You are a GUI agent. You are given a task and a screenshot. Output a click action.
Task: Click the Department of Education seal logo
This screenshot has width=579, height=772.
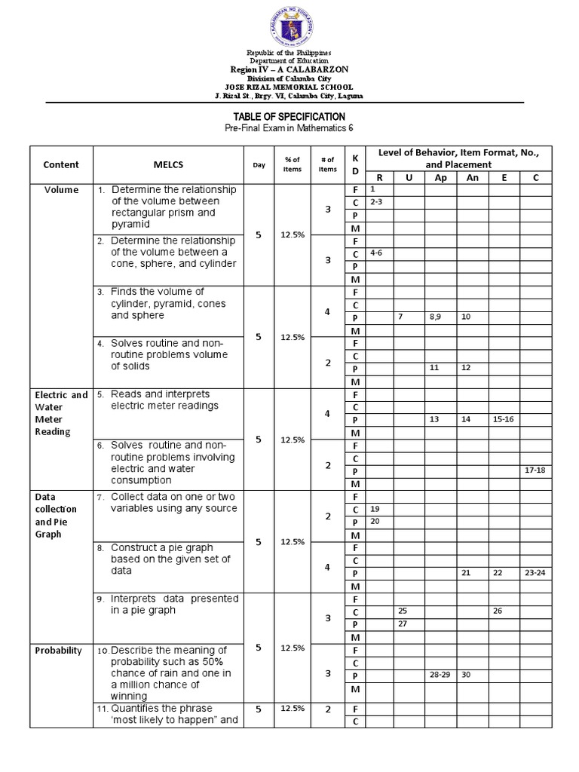[289, 26]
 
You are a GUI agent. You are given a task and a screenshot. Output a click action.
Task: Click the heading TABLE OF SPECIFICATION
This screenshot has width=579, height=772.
[289, 117]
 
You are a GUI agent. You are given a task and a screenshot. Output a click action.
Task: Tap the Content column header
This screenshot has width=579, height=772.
[61, 164]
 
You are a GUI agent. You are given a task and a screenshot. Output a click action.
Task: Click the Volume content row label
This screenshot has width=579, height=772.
[61, 190]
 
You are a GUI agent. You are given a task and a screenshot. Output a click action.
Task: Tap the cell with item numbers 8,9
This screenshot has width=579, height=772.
[440, 317]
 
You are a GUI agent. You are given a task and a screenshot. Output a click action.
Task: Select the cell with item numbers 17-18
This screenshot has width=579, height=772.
[535, 470]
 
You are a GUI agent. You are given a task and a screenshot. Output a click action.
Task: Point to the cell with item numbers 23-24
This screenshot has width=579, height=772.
[535, 573]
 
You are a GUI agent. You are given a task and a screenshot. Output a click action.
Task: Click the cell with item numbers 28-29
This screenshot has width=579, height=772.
[440, 675]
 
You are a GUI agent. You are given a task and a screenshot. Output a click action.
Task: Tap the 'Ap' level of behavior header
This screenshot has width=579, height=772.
[440, 177]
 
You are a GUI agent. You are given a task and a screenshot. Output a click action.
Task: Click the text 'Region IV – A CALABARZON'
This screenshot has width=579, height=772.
[289, 69]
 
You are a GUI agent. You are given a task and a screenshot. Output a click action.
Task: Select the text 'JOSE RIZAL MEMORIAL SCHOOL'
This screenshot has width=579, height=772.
[289, 87]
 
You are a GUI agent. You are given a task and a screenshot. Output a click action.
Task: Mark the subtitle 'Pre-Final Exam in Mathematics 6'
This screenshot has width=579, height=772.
[289, 129]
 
